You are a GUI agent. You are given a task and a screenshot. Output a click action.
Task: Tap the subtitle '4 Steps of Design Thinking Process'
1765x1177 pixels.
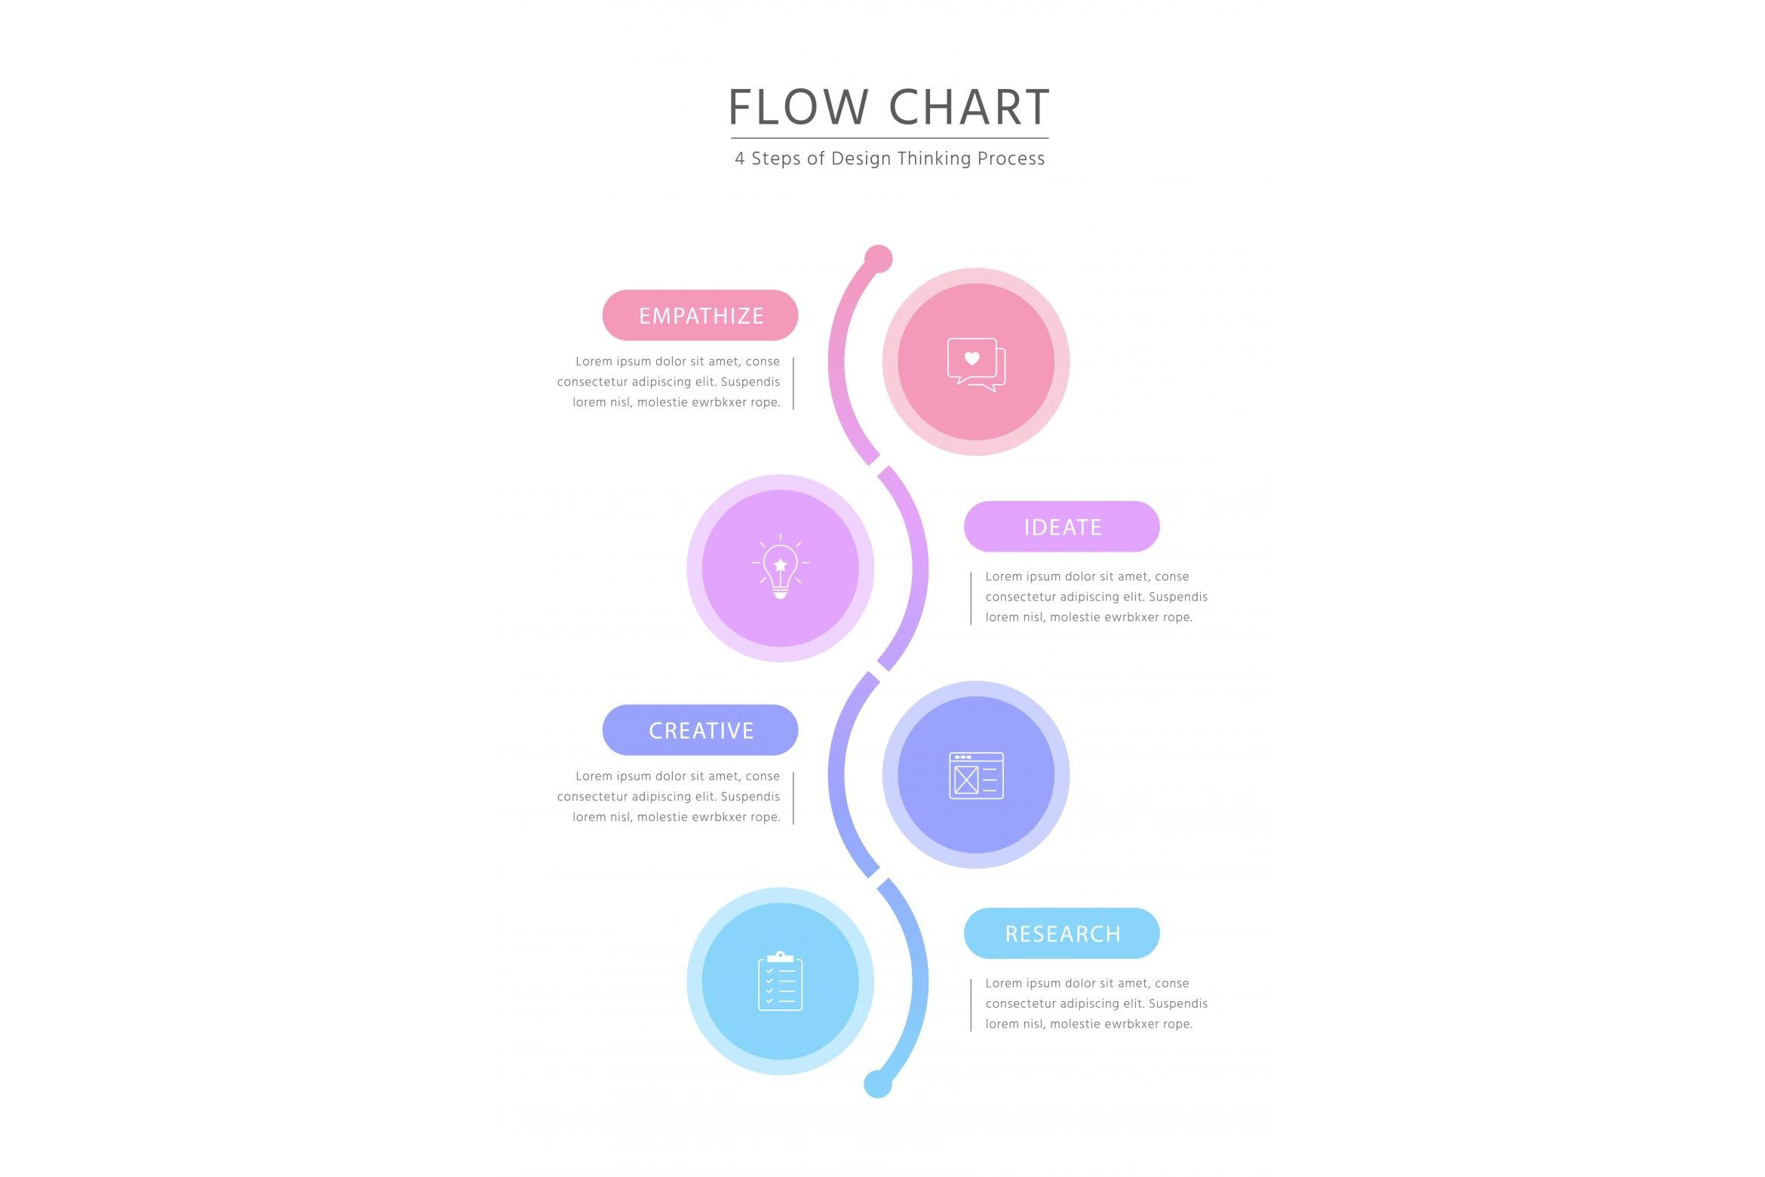889,158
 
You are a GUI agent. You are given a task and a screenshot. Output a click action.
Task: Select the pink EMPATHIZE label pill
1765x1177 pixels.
700,315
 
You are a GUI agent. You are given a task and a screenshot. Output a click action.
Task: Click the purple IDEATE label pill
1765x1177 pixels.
1061,527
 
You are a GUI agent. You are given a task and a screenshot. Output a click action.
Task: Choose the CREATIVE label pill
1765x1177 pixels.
700,730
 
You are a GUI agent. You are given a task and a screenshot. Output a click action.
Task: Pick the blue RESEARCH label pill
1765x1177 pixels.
1061,933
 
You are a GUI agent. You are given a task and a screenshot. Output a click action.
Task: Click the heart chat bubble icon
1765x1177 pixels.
976,364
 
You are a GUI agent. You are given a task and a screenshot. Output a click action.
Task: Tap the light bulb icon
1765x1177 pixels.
780,568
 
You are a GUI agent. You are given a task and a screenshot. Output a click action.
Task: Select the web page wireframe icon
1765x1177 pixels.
976,775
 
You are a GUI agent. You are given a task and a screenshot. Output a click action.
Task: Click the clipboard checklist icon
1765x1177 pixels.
780,981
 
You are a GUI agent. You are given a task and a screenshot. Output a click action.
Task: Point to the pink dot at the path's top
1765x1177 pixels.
878,259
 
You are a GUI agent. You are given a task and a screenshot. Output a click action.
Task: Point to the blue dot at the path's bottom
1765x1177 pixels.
877,1084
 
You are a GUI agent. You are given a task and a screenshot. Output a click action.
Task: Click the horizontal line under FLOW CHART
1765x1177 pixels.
889,138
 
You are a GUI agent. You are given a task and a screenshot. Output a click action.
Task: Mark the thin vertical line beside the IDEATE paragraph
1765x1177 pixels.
971,598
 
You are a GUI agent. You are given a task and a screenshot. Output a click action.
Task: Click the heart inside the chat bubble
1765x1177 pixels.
972,358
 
